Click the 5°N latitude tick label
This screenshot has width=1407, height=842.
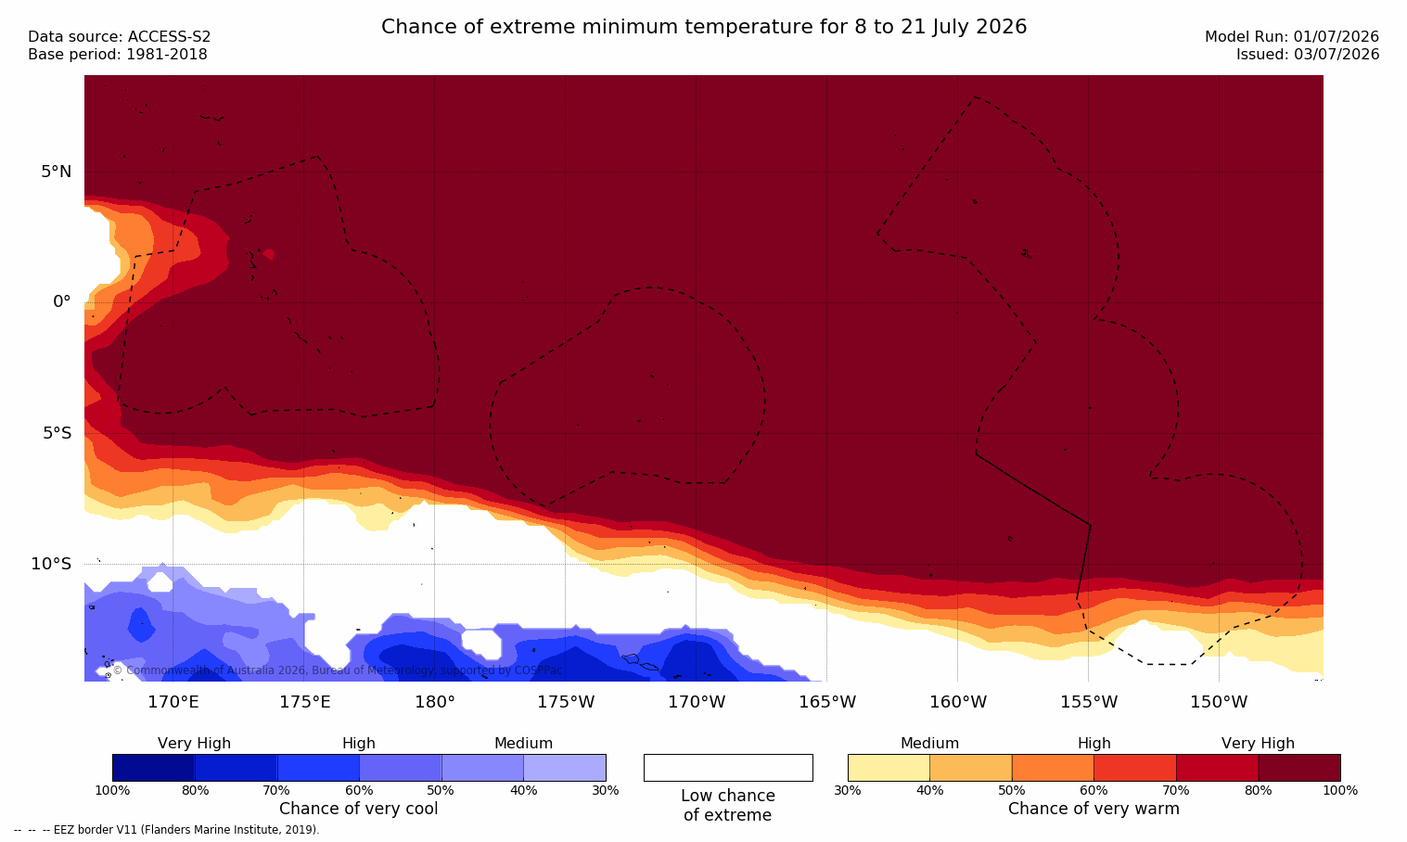pyautogui.click(x=56, y=172)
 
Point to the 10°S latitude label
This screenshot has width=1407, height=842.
pyautogui.click(x=51, y=564)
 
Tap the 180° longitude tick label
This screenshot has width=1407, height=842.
pyautogui.click(x=435, y=701)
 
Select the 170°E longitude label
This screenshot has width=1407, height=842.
pyautogui.click(x=173, y=701)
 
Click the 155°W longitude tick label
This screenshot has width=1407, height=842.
pyautogui.click(x=1089, y=701)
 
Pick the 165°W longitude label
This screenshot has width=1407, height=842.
pyautogui.click(x=827, y=701)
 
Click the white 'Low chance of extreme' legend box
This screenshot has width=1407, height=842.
pyautogui.click(x=728, y=767)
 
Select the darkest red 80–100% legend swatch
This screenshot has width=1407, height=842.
pyautogui.click(x=1299, y=767)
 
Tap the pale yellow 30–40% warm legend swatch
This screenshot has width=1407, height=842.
pyautogui.click(x=889, y=767)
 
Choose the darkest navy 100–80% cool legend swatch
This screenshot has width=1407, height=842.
pyautogui.click(x=153, y=767)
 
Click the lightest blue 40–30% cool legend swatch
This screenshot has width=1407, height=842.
pyautogui.click(x=565, y=767)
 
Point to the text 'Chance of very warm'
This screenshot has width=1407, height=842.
pyautogui.click(x=1094, y=809)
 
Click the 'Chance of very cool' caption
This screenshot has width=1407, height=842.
pyautogui.click(x=359, y=809)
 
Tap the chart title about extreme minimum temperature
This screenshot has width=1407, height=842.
pyautogui.click(x=704, y=27)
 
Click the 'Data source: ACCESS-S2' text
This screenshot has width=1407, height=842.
pyautogui.click(x=120, y=37)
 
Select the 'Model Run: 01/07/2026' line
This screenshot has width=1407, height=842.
pyautogui.click(x=1291, y=37)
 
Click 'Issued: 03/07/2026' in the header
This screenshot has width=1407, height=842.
pyautogui.click(x=1308, y=55)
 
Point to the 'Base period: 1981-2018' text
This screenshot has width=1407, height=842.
pyautogui.click(x=118, y=55)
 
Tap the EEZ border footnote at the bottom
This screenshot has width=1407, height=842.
pyautogui.click(x=166, y=829)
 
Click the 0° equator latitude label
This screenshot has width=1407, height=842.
pyautogui.click(x=61, y=302)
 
